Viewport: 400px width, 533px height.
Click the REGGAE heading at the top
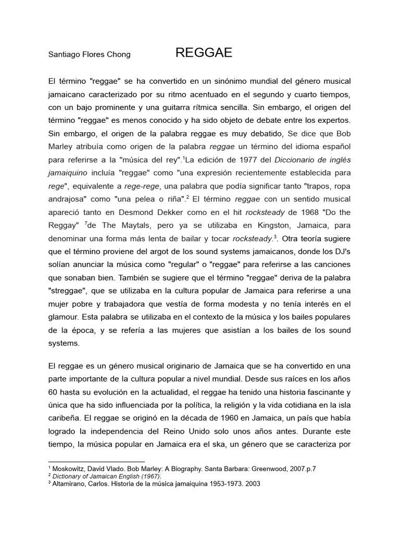pos(204,53)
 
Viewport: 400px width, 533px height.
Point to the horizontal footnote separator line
pos(96,462)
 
